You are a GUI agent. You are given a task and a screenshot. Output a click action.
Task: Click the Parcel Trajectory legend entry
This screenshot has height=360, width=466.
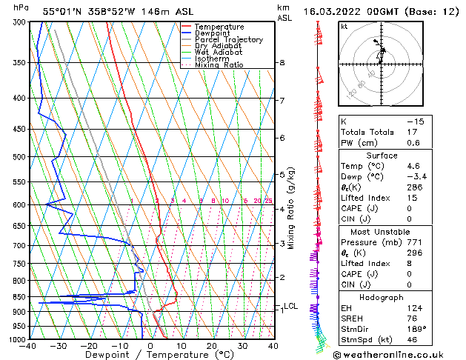tap(229, 39)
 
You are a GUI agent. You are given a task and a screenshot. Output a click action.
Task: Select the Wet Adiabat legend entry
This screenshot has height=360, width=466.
tap(219, 53)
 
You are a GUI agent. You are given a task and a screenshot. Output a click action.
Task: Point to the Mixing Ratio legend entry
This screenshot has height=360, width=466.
tap(219, 65)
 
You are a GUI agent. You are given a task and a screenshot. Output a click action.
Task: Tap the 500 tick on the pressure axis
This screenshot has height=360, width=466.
tap(16, 157)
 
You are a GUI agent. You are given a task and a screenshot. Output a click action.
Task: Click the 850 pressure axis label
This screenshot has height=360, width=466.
tap(16, 296)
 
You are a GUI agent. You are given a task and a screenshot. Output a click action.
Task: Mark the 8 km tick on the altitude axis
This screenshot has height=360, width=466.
tap(282, 63)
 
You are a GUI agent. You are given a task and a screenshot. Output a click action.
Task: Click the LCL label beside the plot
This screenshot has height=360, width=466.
tap(290, 306)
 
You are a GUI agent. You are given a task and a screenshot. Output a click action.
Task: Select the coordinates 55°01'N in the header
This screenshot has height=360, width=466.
tap(62, 12)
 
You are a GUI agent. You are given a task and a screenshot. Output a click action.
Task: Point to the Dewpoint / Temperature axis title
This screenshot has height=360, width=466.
tap(150, 356)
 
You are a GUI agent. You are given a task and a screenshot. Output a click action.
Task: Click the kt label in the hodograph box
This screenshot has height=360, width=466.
tap(344, 26)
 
